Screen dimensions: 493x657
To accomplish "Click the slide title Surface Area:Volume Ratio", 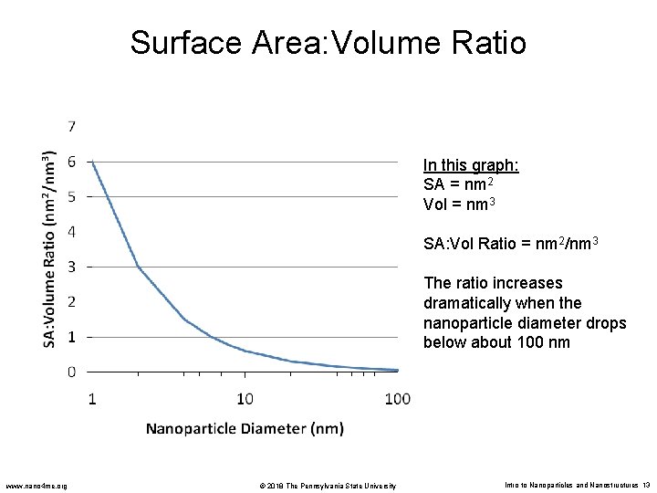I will click(x=328, y=42).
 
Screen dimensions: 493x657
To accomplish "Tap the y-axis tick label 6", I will click(x=72, y=161).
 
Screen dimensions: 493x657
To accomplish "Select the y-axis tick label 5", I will click(x=72, y=196).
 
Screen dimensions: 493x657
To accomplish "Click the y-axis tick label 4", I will click(x=72, y=231).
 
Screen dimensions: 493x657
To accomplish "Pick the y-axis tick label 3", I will click(x=72, y=267).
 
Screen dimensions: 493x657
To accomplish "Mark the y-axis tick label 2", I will click(x=72, y=301).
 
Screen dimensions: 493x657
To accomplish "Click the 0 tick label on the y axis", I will click(x=72, y=372).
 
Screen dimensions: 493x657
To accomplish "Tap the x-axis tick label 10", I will click(x=245, y=398).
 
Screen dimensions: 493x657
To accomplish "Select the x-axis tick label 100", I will click(x=397, y=398).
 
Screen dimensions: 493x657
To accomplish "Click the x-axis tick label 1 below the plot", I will click(x=92, y=398).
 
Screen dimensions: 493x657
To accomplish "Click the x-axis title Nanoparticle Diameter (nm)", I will click(x=245, y=427).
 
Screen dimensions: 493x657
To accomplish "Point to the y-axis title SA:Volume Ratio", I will click(x=51, y=248).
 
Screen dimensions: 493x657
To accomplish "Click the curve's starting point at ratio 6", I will click(x=92, y=162).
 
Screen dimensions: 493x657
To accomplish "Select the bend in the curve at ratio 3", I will click(x=138, y=267).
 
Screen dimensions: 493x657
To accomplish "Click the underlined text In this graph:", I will click(x=471, y=165).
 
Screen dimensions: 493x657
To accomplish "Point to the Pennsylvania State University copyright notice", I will click(x=325, y=485).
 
